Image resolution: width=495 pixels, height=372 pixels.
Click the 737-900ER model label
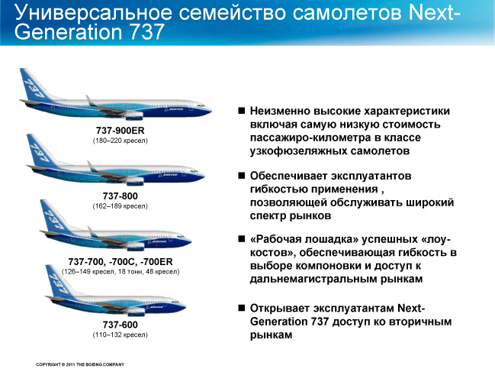120,130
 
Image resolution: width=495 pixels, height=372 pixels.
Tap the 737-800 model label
120,196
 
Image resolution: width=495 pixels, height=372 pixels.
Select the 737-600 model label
120,325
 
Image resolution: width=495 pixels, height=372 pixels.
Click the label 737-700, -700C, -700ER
121,262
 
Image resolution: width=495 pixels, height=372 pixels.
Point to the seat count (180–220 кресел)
120,141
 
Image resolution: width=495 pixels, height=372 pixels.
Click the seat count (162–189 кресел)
120,206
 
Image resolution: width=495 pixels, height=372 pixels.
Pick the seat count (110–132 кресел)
120,335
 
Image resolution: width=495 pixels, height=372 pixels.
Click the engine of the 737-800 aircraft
135,182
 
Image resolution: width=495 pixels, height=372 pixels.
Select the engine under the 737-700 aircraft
136,247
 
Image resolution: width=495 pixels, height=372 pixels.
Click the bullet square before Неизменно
242,111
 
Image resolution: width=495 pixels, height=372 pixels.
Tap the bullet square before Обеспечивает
242,176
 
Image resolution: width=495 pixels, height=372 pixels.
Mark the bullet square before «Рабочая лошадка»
242,239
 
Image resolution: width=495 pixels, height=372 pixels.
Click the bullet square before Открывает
242,308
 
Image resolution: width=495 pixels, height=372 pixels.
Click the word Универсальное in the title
94,12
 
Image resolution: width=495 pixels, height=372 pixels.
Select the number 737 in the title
146,32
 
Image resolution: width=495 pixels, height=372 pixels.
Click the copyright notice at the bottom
80,364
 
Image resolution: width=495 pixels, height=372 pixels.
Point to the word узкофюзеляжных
298,151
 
